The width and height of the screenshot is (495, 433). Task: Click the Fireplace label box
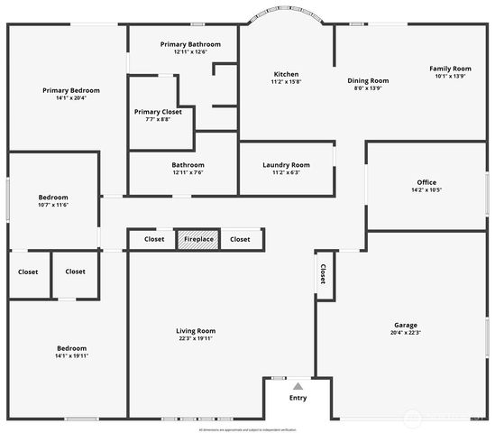(197, 239)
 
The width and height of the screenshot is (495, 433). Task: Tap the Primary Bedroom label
(72, 90)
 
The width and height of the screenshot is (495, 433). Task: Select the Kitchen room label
(286, 74)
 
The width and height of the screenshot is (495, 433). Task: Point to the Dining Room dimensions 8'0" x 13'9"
(368, 88)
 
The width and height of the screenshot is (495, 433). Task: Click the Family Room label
(449, 69)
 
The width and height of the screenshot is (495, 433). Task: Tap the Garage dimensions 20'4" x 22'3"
(405, 333)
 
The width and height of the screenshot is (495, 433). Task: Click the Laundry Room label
(286, 165)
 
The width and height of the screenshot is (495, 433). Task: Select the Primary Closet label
(158, 112)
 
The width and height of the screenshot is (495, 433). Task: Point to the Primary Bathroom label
(184, 44)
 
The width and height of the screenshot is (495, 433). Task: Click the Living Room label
(196, 331)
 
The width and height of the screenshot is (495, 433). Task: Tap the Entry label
(298, 397)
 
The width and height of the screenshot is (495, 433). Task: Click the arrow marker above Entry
(298, 384)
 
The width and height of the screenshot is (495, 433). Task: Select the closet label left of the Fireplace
(154, 239)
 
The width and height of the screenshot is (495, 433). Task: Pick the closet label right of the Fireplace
(240, 239)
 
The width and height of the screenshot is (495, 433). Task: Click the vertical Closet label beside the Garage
(321, 274)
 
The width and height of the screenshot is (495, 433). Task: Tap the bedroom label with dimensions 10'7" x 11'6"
(53, 198)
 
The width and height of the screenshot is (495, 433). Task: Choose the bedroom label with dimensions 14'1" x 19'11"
(72, 348)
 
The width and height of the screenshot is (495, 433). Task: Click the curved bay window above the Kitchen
(289, 14)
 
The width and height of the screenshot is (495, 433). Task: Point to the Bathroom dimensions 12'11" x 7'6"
(188, 173)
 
